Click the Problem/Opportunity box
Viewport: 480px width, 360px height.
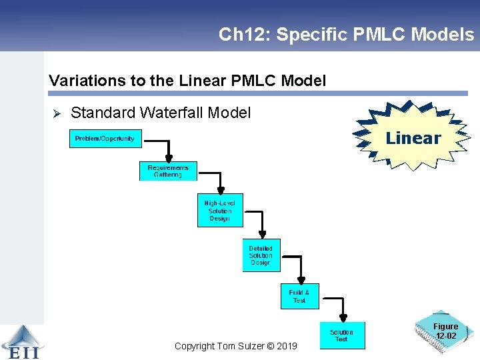pyautogui.click(x=105, y=139)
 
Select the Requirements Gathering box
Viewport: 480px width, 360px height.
pyautogui.click(x=168, y=171)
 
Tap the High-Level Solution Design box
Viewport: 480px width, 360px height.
pyautogui.click(x=220, y=211)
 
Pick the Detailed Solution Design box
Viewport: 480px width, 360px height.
pyautogui.click(x=261, y=255)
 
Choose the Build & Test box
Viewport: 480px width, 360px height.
pyautogui.click(x=299, y=297)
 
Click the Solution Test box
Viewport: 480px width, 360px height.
pyautogui.click(x=341, y=336)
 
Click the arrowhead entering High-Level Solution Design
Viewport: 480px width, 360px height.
pyautogui.click(x=220, y=190)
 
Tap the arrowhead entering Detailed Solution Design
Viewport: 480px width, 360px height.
pyautogui.click(x=262, y=235)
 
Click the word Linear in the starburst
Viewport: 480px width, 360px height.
pyautogui.click(x=413, y=139)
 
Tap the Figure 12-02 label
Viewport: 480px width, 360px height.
pyautogui.click(x=445, y=331)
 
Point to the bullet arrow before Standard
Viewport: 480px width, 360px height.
pyautogui.click(x=57, y=114)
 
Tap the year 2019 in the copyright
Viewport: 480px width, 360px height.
pyautogui.click(x=286, y=346)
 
